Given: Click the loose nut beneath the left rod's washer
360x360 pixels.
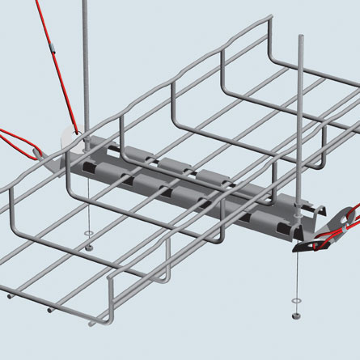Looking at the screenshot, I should tap(88, 246).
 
